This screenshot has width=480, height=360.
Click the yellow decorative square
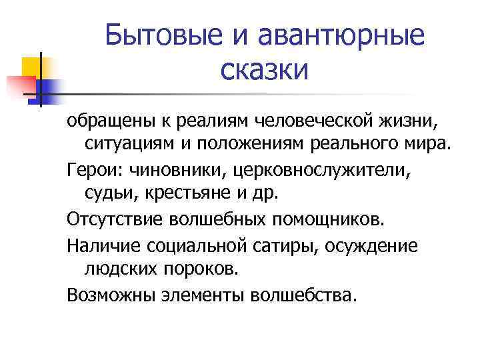[x=31, y=66]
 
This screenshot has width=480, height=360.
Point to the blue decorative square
[x=48, y=87]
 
